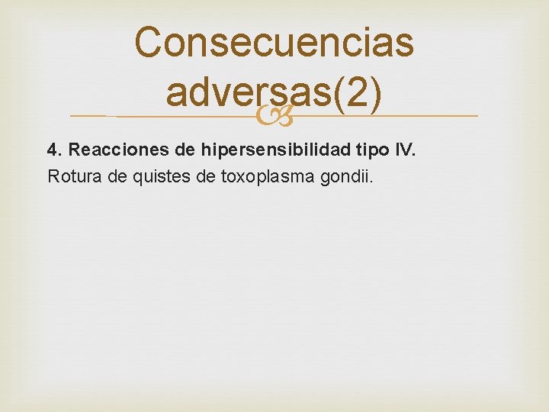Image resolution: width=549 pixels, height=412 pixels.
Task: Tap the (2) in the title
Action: click(x=357, y=92)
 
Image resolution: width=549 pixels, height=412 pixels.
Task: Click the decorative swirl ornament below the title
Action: click(x=274, y=117)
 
